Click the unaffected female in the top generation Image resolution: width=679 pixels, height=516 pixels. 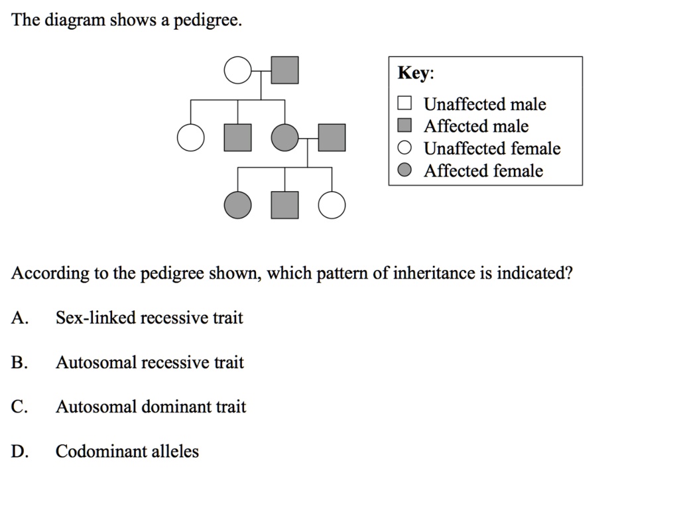pos(237,71)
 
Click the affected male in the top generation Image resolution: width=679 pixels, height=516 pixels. pos(284,71)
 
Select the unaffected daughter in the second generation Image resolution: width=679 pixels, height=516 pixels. pos(191,138)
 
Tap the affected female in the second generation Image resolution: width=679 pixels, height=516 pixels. pos(284,138)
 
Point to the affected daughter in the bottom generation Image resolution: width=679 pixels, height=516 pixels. pos(238,205)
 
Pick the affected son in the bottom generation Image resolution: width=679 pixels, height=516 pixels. pos(284,205)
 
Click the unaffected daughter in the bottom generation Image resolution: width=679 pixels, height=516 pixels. pos(332,205)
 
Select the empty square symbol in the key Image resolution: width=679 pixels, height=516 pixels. pos(404,103)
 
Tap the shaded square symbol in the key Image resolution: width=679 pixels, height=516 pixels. pos(404,125)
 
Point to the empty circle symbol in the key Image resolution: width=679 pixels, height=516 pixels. pos(404,148)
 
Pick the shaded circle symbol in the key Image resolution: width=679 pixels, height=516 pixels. pos(404,170)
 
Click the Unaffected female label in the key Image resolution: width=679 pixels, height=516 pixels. pos(491,149)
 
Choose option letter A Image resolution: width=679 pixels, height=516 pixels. pos(19,318)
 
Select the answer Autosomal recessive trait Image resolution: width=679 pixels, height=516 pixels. pos(149,363)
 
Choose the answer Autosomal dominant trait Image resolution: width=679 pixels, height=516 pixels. pos(151,407)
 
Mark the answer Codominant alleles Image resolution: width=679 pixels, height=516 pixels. pos(127,452)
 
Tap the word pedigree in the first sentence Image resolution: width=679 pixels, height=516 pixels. pos(207,21)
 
